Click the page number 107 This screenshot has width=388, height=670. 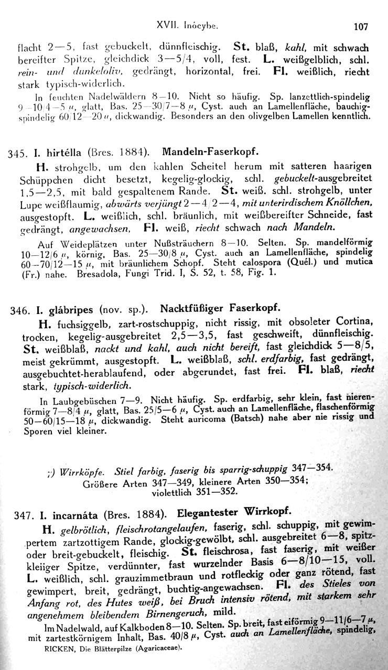tap(361, 25)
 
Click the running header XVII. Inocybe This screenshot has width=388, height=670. tap(194, 24)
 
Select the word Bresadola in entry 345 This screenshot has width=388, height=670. tap(98, 274)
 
